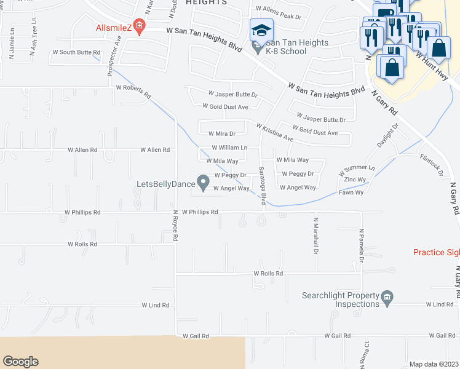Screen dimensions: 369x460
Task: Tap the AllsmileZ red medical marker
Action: (x=140, y=27)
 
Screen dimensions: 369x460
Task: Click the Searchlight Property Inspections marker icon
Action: (x=387, y=299)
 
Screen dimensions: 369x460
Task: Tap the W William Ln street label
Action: (x=229, y=148)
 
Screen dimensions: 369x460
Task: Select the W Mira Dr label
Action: (x=222, y=133)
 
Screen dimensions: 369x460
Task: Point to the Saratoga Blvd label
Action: (x=263, y=185)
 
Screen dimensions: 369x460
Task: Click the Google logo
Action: (x=20, y=361)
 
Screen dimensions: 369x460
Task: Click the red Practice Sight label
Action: (x=436, y=252)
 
